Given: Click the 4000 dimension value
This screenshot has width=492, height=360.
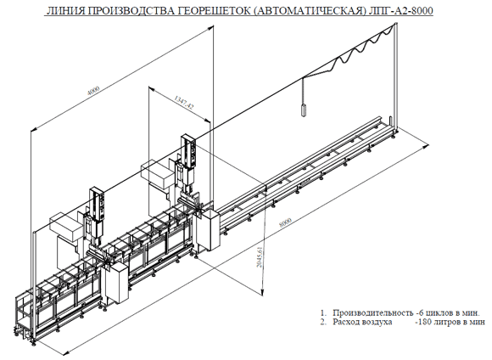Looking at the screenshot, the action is (93, 90).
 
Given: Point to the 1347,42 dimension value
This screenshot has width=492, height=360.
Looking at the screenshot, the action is (184, 103).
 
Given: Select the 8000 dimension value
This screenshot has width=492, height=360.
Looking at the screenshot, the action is (285, 222).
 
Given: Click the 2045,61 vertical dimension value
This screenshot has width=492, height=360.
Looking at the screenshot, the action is (260, 256).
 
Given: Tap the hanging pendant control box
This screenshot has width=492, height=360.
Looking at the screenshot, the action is (304, 110).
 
